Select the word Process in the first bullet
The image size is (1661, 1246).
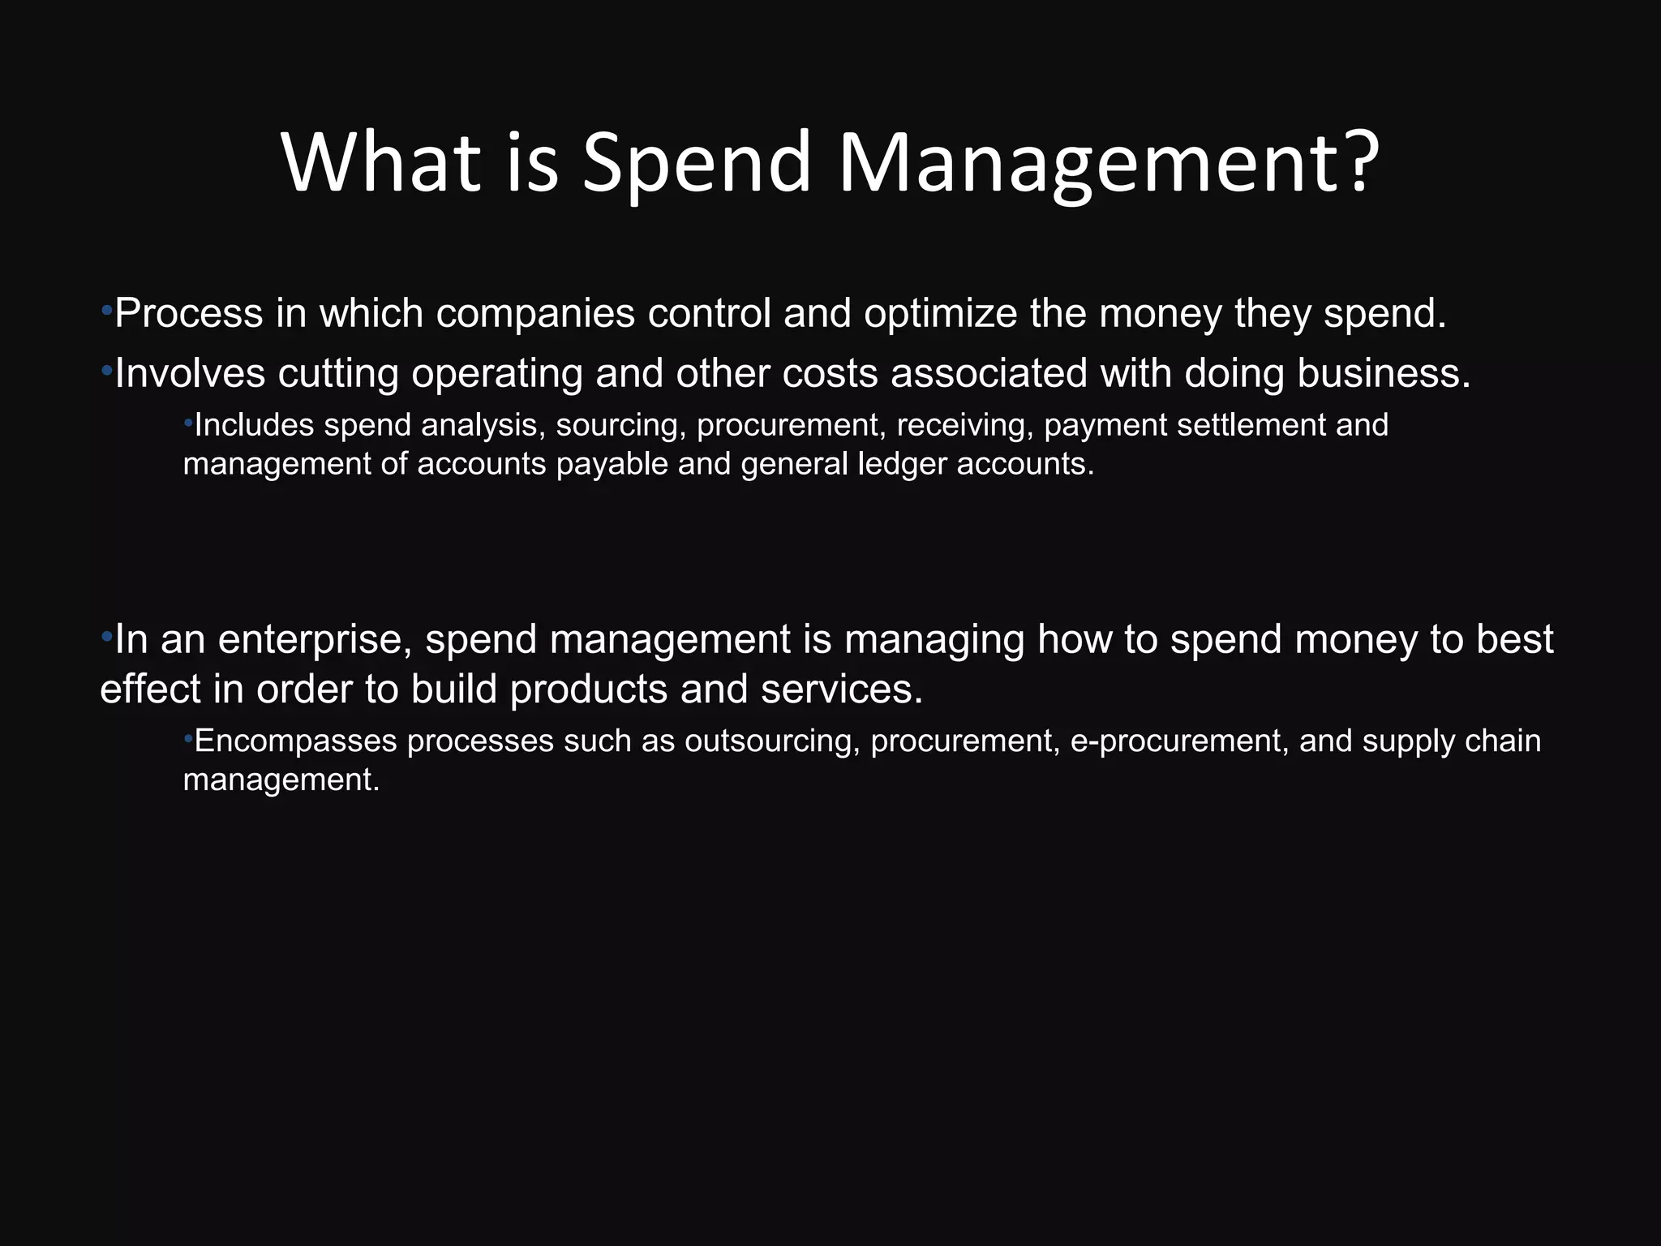coord(188,313)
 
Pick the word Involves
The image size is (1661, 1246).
coord(190,373)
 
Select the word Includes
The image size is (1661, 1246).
coord(254,425)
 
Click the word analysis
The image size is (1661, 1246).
coord(483,425)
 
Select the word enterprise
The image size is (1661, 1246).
coord(317,639)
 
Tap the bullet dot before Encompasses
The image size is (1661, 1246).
coord(188,738)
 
